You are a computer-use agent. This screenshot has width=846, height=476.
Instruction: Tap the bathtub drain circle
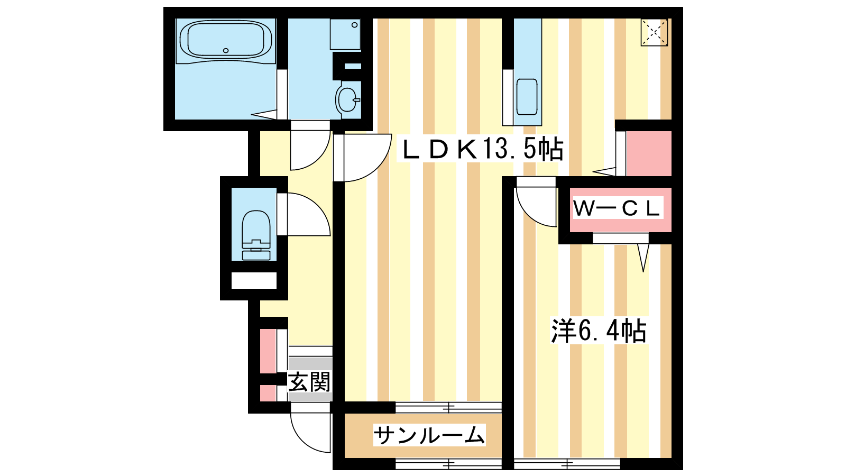pos(226,51)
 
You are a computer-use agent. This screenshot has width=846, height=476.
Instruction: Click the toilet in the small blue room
pos(256,235)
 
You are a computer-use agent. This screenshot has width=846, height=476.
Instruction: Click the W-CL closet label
pos(618,208)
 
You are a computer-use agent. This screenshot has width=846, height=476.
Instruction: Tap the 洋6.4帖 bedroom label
pos(599,331)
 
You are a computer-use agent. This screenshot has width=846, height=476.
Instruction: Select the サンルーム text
pos(429,436)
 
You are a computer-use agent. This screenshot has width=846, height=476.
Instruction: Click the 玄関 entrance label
pos(309,382)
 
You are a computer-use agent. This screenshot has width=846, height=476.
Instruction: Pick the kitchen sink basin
pos(527,97)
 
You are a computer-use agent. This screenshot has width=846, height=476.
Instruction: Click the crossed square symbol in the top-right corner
pos(654,32)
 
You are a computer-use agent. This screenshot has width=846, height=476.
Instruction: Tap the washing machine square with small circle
pos(345,34)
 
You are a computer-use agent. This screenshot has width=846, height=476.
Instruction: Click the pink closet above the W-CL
pos(649,154)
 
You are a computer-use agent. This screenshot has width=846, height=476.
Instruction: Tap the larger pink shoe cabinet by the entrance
pos(268,351)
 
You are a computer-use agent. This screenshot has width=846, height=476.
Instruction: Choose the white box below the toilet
pos(254,281)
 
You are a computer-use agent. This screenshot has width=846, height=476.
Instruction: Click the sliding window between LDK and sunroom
pos(448,408)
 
